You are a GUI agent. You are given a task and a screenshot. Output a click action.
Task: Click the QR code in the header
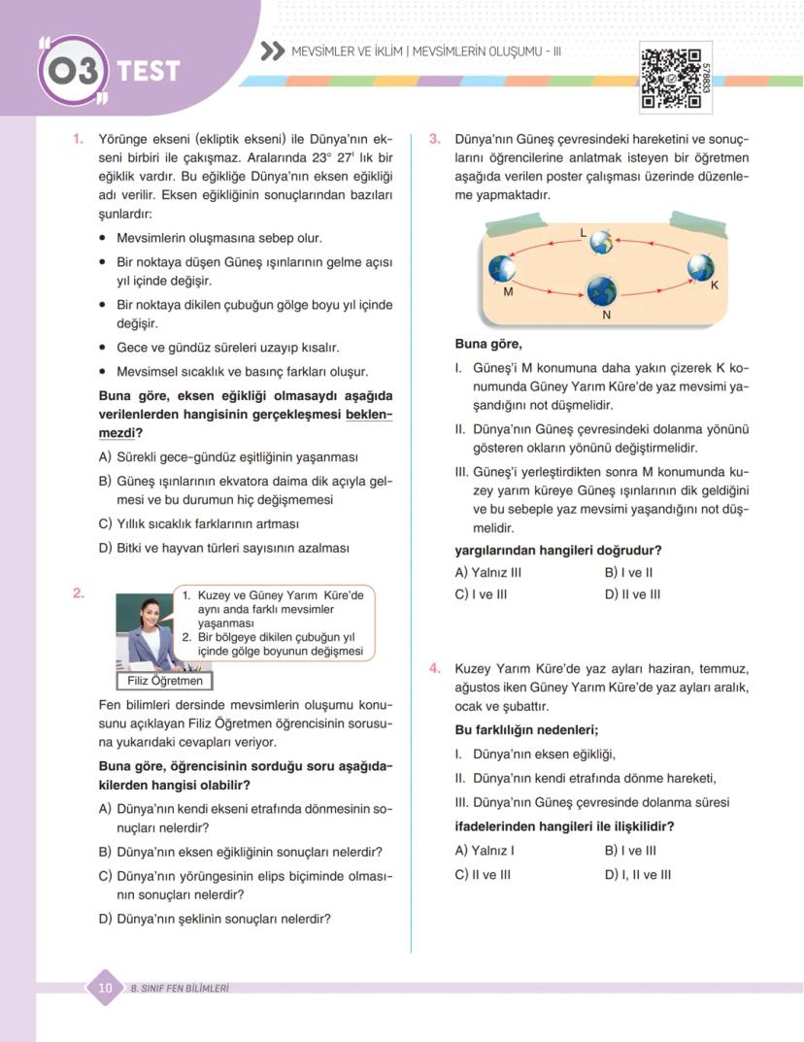(669, 78)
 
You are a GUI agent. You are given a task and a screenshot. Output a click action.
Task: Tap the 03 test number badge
(73, 71)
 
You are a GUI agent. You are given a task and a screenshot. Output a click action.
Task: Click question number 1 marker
(78, 140)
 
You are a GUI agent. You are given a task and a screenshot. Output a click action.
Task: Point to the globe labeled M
(502, 269)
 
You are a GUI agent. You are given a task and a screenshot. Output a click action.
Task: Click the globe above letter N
(602, 288)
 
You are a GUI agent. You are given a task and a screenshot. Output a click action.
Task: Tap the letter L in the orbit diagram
(583, 233)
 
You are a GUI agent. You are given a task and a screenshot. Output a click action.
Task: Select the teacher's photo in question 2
(146, 630)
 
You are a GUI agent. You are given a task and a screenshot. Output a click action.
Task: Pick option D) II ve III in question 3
(632, 594)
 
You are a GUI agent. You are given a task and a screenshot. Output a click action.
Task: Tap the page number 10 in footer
(105, 988)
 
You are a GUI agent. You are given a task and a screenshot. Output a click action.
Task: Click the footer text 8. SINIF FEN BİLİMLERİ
(179, 989)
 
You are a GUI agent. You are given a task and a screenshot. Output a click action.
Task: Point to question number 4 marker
(435, 669)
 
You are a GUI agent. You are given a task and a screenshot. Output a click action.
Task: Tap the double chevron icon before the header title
(273, 50)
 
